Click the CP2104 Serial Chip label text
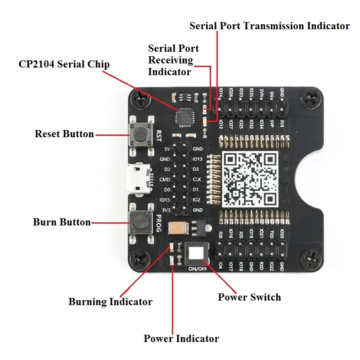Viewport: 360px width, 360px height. coord(64,64)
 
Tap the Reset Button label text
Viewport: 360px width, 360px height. coord(64,134)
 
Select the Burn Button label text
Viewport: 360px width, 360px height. coord(62,222)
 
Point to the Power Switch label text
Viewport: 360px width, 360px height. coord(249,297)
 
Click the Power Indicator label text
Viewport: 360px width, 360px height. coord(181,338)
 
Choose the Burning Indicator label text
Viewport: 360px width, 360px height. coord(110,301)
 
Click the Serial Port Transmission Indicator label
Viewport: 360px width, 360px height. coord(270,26)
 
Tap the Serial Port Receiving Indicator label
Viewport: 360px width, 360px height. coord(173,60)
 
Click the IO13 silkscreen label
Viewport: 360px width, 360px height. coord(198,159)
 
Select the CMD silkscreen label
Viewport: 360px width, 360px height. coord(165,179)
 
